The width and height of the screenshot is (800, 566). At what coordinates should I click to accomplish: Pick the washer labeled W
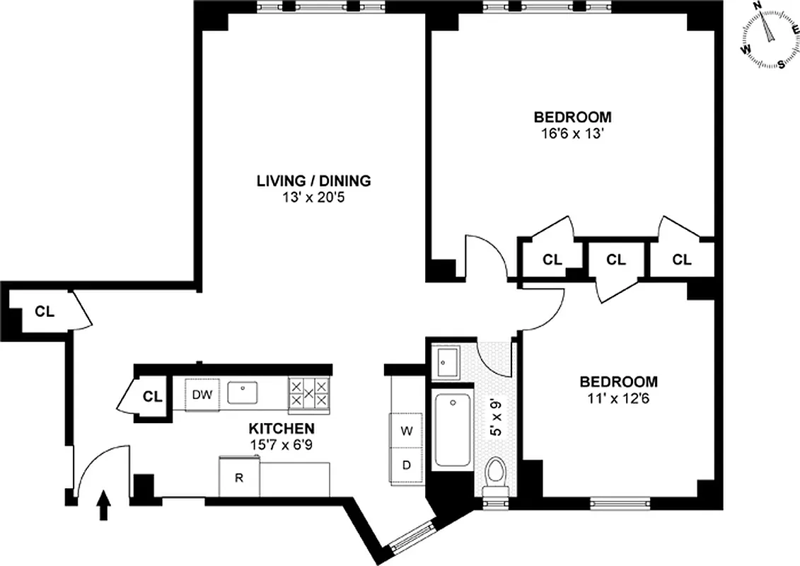407,429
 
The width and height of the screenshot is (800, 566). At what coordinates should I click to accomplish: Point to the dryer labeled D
407,465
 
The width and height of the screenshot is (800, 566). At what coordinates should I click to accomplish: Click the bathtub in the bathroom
452,430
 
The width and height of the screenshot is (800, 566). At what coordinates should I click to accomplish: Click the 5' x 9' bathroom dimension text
497,419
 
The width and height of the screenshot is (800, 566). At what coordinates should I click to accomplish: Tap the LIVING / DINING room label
313,181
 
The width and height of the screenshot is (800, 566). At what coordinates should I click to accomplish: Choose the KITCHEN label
281,429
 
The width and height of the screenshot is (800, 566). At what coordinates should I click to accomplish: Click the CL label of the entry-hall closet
45,311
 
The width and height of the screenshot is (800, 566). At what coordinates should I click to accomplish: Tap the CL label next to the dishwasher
152,396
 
